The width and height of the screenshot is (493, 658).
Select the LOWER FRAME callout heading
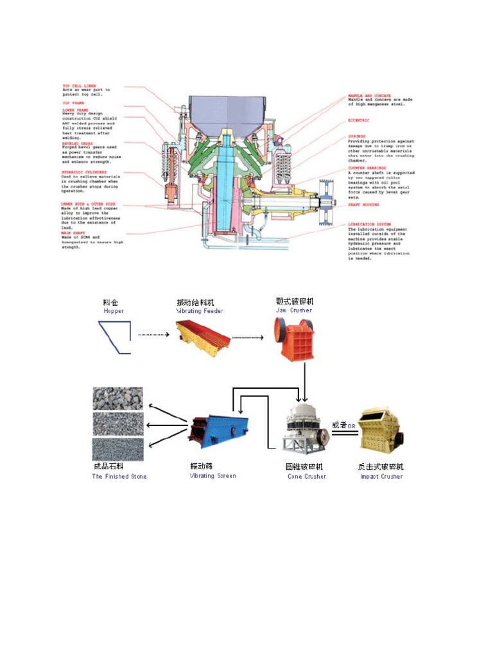coord(75,111)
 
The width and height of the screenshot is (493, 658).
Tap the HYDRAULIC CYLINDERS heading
coord(84,172)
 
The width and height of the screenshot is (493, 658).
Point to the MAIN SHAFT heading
coord(74,232)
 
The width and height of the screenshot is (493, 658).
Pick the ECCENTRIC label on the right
coord(359,120)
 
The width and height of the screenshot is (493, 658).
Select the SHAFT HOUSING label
coord(363,205)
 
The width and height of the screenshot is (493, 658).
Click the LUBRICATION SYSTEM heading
coord(369,224)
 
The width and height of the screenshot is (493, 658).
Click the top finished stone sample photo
coord(117,398)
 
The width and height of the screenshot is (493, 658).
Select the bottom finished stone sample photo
coord(117,449)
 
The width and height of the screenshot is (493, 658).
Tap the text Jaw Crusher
coord(294,310)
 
